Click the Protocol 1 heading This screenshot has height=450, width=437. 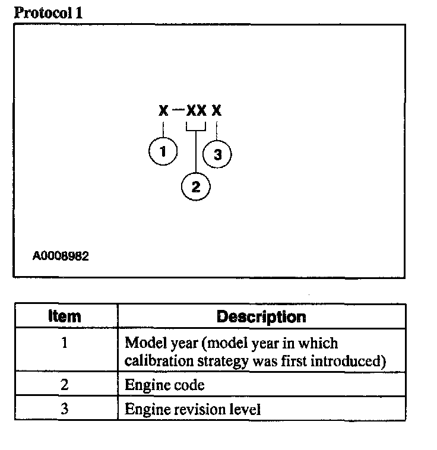point(48,13)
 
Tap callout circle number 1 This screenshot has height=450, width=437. point(162,152)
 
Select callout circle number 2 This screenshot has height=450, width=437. point(196,187)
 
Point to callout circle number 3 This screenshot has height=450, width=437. point(217,154)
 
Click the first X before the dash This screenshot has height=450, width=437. point(163,111)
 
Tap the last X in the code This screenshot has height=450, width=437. point(217,111)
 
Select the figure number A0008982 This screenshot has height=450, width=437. point(61,256)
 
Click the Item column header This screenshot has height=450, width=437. point(65,316)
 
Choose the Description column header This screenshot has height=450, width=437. point(261,316)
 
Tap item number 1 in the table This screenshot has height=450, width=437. point(65,343)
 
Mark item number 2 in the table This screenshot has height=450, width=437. point(65,385)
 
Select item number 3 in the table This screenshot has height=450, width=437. point(65,409)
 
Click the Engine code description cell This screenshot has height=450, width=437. point(164,385)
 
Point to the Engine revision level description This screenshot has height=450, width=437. point(192,410)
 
